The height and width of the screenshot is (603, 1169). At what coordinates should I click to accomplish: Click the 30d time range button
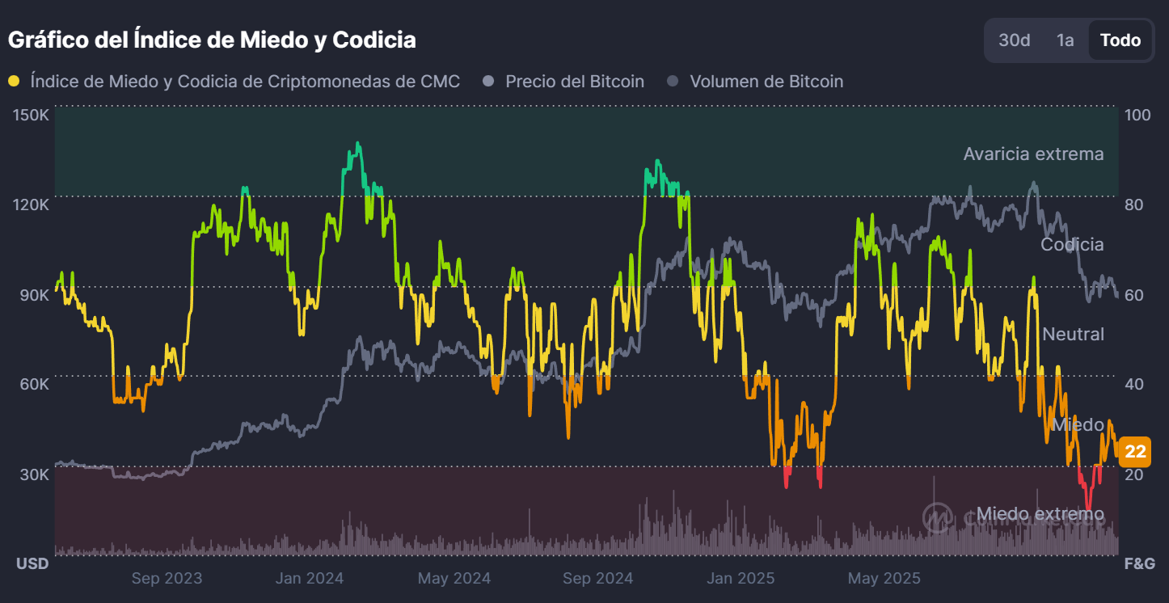point(1015,40)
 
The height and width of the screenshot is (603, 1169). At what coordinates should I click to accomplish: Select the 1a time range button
point(1065,40)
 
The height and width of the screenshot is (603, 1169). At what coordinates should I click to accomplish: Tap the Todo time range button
point(1120,40)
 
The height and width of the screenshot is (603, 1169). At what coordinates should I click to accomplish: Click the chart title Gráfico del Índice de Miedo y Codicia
point(212,40)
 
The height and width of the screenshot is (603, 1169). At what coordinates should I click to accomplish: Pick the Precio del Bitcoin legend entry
point(574,82)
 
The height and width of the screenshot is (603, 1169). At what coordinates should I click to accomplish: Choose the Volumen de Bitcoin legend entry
point(766,82)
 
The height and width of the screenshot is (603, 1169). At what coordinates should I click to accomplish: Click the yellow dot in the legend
point(14,82)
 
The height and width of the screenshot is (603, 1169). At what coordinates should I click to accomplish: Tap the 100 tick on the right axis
point(1137,115)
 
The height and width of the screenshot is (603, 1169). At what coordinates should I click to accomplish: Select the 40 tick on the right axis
point(1134,383)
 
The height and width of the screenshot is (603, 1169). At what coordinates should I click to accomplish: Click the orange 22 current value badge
point(1135,452)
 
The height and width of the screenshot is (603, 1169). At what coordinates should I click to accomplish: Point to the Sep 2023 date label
point(167,579)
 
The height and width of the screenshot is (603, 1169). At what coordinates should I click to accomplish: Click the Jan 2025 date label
point(741,579)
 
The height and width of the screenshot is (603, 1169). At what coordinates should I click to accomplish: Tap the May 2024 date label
point(454,579)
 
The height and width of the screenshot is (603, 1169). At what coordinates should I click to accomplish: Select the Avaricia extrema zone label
point(1033,154)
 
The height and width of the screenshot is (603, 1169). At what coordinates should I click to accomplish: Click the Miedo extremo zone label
point(1040,514)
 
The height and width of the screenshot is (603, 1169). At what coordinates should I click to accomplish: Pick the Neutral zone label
point(1073,334)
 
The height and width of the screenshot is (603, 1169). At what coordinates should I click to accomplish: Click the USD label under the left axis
point(32,563)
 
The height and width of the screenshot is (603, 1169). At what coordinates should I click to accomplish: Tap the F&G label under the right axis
point(1139,563)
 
